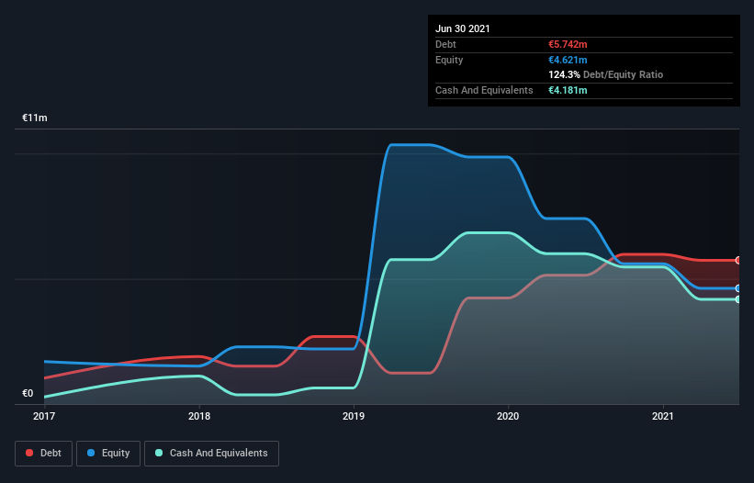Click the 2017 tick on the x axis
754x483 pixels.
pos(44,416)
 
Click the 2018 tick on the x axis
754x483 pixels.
pos(199,416)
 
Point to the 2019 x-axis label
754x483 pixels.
pos(354,416)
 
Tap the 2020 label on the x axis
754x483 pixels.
pos(509,416)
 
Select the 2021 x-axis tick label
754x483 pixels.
pos(663,416)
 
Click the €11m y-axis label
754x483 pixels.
pos(36,118)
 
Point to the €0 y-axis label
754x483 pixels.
pos(28,394)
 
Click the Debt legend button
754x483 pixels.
pos(42,453)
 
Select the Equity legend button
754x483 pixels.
pos(108,453)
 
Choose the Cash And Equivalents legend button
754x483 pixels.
pos(211,453)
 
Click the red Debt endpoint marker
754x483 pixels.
pos(738,261)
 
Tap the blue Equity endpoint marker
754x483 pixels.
pos(738,288)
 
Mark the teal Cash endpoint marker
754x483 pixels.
pos(738,299)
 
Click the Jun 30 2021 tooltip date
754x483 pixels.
pos(463,28)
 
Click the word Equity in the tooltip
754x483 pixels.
pos(449,60)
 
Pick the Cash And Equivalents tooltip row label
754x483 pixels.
pos(484,90)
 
